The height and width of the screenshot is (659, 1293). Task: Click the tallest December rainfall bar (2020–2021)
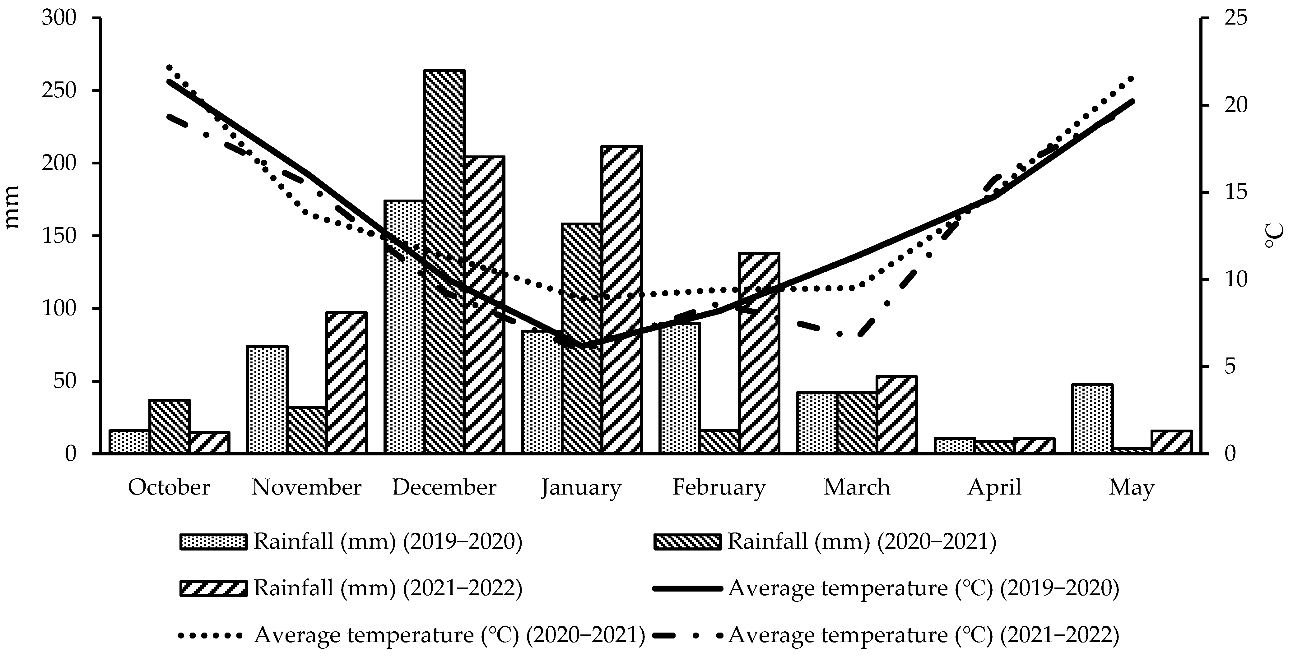click(444, 261)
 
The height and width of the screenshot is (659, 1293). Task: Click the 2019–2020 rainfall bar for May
click(1092, 418)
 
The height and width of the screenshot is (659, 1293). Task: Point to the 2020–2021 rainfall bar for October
click(169, 426)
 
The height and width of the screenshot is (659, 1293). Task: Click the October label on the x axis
click(169, 487)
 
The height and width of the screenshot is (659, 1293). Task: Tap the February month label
click(719, 487)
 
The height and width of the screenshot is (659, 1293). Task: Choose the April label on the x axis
click(994, 487)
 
